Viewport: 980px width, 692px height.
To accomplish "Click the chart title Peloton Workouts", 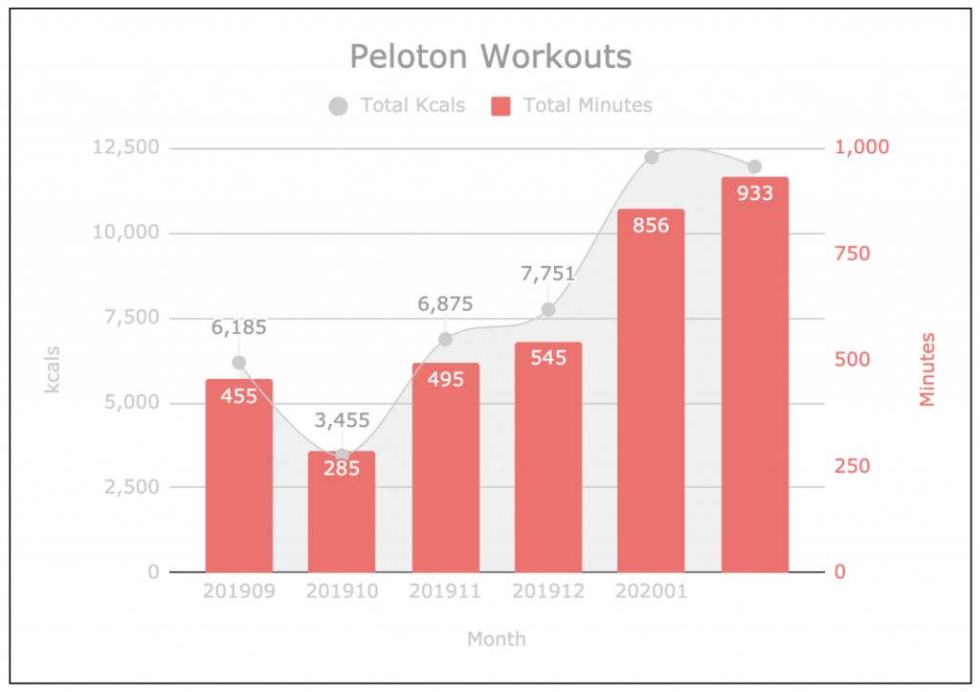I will point(490,56).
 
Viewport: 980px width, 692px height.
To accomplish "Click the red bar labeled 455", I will point(238,479).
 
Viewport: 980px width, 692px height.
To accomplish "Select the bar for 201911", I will point(445,469).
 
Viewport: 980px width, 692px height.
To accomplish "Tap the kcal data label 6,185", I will point(239,327).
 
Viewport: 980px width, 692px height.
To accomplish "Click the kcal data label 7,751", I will point(547,274).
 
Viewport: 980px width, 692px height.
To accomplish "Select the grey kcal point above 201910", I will point(343,456).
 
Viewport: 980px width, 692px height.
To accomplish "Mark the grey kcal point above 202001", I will point(652,157).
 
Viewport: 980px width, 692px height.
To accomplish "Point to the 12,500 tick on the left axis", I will point(126,147).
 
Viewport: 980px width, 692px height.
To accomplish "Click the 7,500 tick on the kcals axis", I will point(132,317).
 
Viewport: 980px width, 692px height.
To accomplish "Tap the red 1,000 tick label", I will point(862,146).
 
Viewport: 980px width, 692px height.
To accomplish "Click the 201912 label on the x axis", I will point(548,592).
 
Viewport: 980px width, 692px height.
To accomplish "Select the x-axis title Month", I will point(496,638).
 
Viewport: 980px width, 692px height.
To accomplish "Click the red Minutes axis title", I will point(926,368).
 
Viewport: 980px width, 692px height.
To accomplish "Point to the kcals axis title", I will point(52,368).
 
